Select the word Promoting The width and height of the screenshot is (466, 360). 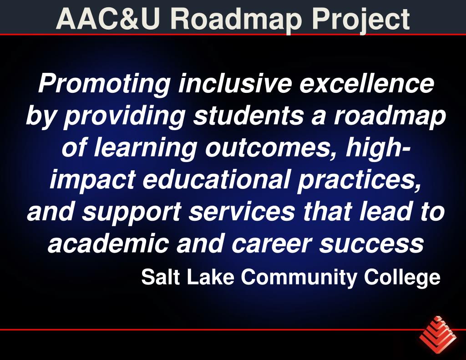pyautogui.click(x=104, y=83)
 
